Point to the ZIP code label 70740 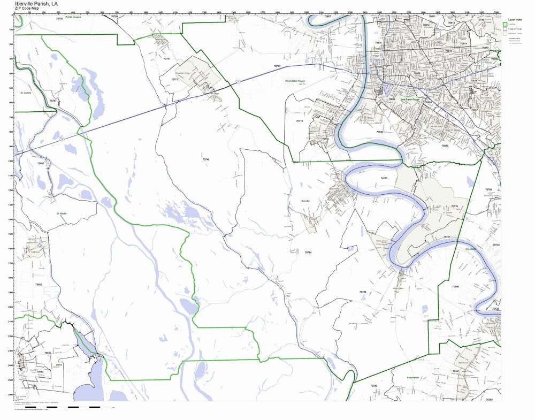click(206, 159)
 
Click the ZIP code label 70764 click(308, 252)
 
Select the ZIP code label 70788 click(363, 292)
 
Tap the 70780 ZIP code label click(384, 178)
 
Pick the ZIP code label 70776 click(454, 206)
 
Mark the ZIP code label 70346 click(455, 287)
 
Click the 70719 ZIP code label click(300, 121)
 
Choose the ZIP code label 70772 click(174, 79)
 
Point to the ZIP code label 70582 click(39, 285)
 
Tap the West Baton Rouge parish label click(296, 81)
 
